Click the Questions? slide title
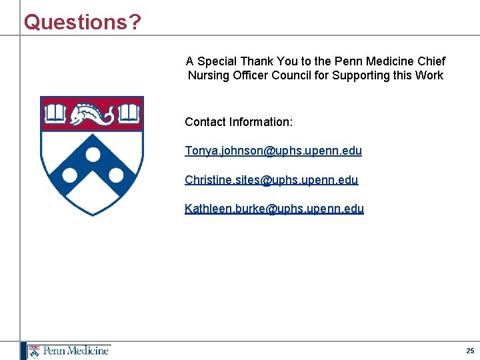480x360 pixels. click(x=83, y=22)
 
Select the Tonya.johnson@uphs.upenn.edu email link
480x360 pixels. click(x=273, y=151)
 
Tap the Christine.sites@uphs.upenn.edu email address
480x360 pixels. click(x=271, y=180)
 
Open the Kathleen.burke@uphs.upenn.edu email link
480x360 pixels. click(x=274, y=209)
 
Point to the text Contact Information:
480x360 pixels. click(x=239, y=122)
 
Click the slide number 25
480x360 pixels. click(x=470, y=351)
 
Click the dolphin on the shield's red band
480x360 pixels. click(x=93, y=113)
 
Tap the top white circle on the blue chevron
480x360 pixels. click(x=93, y=155)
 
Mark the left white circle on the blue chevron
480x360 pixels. click(x=69, y=177)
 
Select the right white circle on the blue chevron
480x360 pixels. click(x=117, y=176)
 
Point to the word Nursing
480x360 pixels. click(x=209, y=75)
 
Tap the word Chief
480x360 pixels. click(x=431, y=61)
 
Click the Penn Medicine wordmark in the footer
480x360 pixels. click(x=76, y=351)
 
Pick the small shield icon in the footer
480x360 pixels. click(x=34, y=351)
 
